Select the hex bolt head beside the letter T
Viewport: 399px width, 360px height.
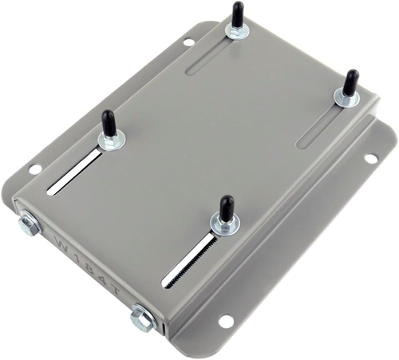click(x=144, y=319)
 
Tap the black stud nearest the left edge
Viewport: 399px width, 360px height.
click(x=109, y=125)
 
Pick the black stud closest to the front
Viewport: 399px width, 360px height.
click(x=227, y=209)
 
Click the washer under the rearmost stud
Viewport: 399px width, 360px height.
click(x=236, y=31)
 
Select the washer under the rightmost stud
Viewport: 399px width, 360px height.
click(x=346, y=97)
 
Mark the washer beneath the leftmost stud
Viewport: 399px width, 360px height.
click(x=110, y=142)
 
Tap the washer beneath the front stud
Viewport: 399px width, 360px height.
click(x=224, y=227)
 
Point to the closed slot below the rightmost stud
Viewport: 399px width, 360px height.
click(x=322, y=128)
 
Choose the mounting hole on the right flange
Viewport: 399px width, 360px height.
click(x=371, y=158)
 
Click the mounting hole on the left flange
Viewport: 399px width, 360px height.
click(x=34, y=169)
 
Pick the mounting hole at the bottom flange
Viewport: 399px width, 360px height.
click(x=226, y=321)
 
